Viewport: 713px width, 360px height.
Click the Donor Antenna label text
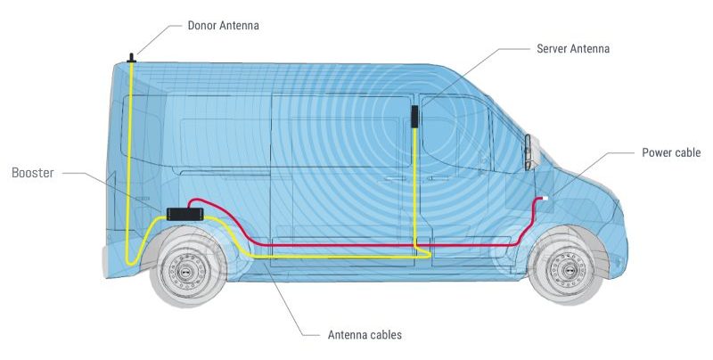click(x=224, y=26)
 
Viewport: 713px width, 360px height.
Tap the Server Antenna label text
click(x=573, y=49)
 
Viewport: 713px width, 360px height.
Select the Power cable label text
click(x=671, y=152)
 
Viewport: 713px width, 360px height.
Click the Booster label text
click(x=33, y=173)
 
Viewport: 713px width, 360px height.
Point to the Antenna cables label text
click(x=365, y=335)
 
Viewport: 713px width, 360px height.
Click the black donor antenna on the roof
click(x=131, y=58)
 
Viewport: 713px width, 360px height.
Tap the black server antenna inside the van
click(x=414, y=117)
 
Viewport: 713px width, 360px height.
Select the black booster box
click(x=184, y=214)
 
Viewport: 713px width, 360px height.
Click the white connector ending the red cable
click(x=545, y=198)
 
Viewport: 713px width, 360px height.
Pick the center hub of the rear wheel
click(x=186, y=272)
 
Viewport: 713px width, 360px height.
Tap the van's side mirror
click(x=529, y=152)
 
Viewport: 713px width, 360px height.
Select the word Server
click(x=550, y=49)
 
